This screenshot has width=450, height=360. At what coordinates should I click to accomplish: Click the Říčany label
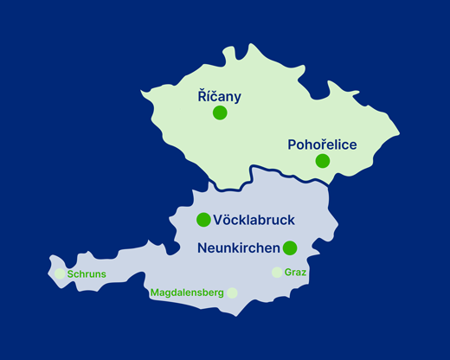(x=219, y=97)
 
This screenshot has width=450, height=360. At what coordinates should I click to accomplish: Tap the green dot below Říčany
(x=220, y=112)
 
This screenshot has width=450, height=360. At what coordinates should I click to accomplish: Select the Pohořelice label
(x=322, y=145)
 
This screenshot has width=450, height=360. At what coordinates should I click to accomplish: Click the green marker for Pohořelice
(x=322, y=160)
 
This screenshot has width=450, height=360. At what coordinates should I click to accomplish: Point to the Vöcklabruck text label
(x=254, y=220)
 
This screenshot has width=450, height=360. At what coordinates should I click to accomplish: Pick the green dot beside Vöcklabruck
(x=203, y=219)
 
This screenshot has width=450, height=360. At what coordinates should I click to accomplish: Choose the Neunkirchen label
(x=238, y=248)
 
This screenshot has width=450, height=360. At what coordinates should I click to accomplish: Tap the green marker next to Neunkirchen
(x=290, y=248)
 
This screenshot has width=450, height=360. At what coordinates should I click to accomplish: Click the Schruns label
(x=87, y=274)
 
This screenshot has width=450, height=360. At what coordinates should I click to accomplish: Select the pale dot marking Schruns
(x=60, y=273)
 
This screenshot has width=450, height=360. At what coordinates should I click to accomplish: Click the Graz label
(x=295, y=273)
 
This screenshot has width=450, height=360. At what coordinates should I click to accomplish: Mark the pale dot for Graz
(x=277, y=272)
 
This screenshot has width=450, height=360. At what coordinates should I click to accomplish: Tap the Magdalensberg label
(x=187, y=293)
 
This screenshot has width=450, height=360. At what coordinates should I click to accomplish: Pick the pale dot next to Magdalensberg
(x=232, y=292)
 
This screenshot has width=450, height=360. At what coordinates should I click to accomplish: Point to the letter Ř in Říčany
(x=202, y=97)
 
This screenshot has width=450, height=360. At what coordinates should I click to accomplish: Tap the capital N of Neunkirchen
(x=202, y=248)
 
